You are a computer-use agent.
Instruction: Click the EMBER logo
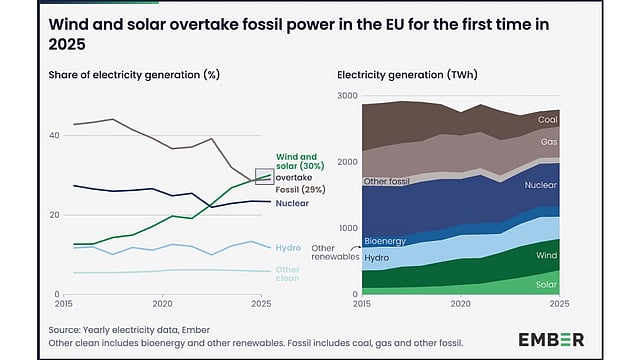551,340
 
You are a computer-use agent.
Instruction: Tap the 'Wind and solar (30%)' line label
300,162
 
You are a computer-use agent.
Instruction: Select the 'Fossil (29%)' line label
300,190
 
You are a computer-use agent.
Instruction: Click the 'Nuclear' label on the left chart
292,203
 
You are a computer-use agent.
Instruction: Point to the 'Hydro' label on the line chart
288,248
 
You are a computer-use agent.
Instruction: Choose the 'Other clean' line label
287,274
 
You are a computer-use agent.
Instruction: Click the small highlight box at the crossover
264,176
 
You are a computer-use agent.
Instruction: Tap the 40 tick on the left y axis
54,135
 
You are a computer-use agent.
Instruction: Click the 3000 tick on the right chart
347,96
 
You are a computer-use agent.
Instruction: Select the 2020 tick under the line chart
162,304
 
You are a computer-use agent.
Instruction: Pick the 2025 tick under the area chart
559,304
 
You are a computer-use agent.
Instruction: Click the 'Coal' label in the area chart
547,120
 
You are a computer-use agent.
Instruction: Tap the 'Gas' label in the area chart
549,142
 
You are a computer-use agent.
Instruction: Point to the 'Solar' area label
546,284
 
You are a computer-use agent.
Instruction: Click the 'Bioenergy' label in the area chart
385,241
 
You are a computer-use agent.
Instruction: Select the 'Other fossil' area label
386,181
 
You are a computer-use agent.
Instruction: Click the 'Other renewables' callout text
335,253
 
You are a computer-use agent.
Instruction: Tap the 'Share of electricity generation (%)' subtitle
134,75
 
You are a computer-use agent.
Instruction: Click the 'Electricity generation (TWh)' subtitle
407,75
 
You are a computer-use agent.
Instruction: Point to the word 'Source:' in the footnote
64,330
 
